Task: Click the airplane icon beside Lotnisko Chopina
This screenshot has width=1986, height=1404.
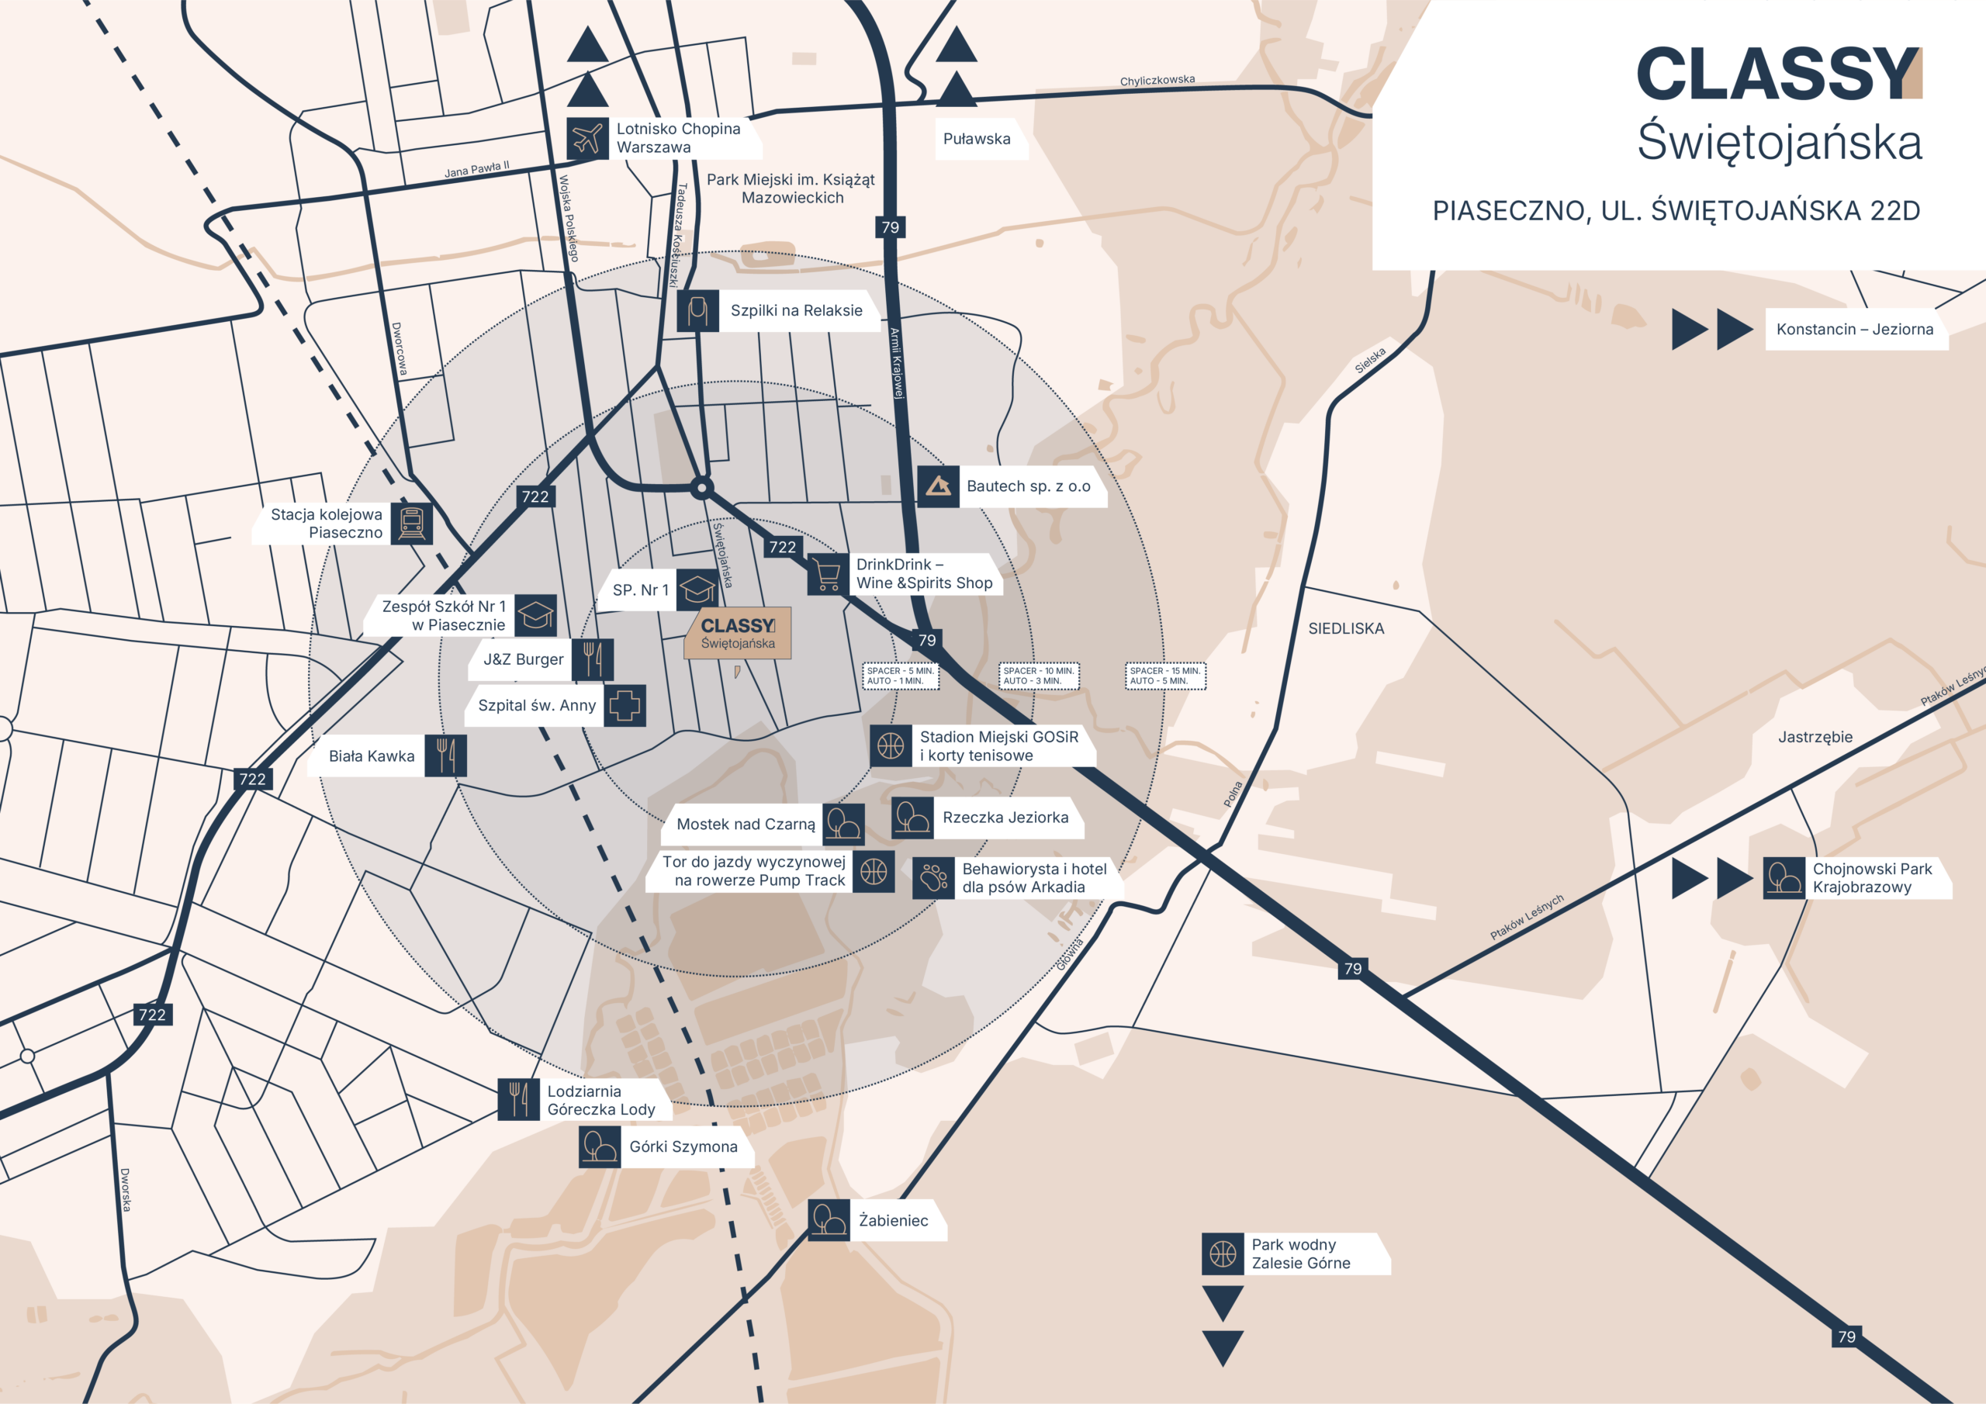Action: coord(587,138)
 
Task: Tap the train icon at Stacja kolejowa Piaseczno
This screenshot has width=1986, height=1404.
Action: coord(411,524)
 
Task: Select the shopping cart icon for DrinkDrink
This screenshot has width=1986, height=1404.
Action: coord(828,573)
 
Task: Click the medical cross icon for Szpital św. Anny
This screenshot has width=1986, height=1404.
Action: coord(625,705)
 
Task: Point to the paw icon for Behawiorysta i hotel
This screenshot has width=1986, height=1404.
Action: coord(933,878)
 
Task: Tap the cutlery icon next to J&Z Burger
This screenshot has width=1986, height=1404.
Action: coord(593,659)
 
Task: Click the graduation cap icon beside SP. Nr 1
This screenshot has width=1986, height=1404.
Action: coord(697,590)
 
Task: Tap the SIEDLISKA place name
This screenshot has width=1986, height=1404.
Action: coord(1346,629)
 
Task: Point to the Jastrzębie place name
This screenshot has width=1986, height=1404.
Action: coord(1815,737)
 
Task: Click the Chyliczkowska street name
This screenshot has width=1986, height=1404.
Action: coord(1157,81)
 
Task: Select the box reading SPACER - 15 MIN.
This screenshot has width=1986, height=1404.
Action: coord(1165,676)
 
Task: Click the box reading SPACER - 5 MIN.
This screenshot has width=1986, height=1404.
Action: coord(901,676)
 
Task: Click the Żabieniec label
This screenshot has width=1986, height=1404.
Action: coord(893,1221)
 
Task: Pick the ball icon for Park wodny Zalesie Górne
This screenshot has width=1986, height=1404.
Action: coord(1222,1254)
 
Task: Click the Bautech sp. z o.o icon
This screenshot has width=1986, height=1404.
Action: coord(938,486)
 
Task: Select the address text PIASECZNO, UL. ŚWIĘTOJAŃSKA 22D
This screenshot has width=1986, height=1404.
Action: coord(1676,211)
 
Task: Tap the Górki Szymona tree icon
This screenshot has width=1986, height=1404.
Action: coord(600,1147)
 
